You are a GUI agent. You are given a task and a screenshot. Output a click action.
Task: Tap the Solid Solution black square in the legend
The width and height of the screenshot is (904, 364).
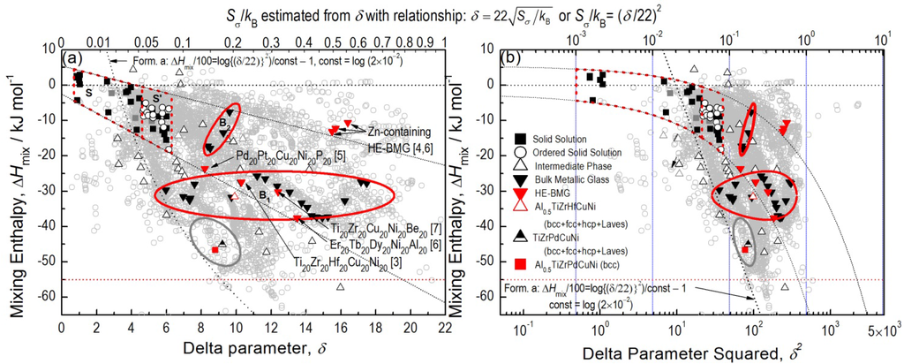521,137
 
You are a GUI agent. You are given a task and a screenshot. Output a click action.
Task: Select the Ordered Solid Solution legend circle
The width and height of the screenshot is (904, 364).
521,151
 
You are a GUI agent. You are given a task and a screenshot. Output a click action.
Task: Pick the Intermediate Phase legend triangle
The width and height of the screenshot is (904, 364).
521,165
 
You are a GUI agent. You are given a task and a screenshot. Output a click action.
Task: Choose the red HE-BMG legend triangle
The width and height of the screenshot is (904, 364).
521,193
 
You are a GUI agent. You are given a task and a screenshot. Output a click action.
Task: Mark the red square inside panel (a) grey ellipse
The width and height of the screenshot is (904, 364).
215,250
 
